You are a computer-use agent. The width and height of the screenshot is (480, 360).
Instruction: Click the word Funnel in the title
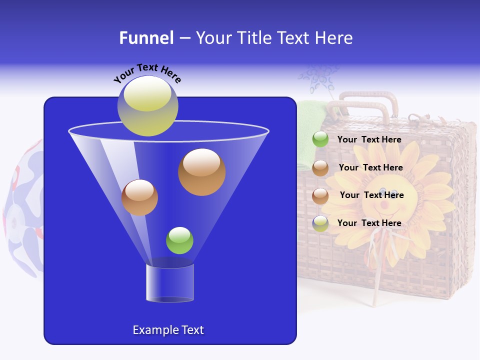(x=146, y=38)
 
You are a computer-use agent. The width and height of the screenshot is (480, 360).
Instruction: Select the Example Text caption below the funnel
(x=168, y=330)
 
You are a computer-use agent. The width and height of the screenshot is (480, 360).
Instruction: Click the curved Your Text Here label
(x=147, y=73)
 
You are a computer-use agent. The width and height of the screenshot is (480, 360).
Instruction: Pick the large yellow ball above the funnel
(x=147, y=106)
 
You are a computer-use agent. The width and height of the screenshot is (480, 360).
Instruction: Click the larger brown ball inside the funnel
(x=201, y=172)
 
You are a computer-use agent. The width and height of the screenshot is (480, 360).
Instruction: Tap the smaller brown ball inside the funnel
(x=139, y=197)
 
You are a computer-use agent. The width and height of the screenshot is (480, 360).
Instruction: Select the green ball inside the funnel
(x=179, y=240)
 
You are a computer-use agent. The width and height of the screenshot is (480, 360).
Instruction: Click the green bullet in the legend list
(x=320, y=139)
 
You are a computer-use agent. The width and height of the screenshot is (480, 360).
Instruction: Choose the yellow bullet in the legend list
(x=320, y=223)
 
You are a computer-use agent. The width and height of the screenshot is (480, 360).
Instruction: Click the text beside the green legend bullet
(x=369, y=140)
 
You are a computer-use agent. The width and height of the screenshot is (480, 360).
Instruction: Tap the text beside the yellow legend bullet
(x=369, y=223)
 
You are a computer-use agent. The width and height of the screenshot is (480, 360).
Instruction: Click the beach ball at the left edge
(x=22, y=210)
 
